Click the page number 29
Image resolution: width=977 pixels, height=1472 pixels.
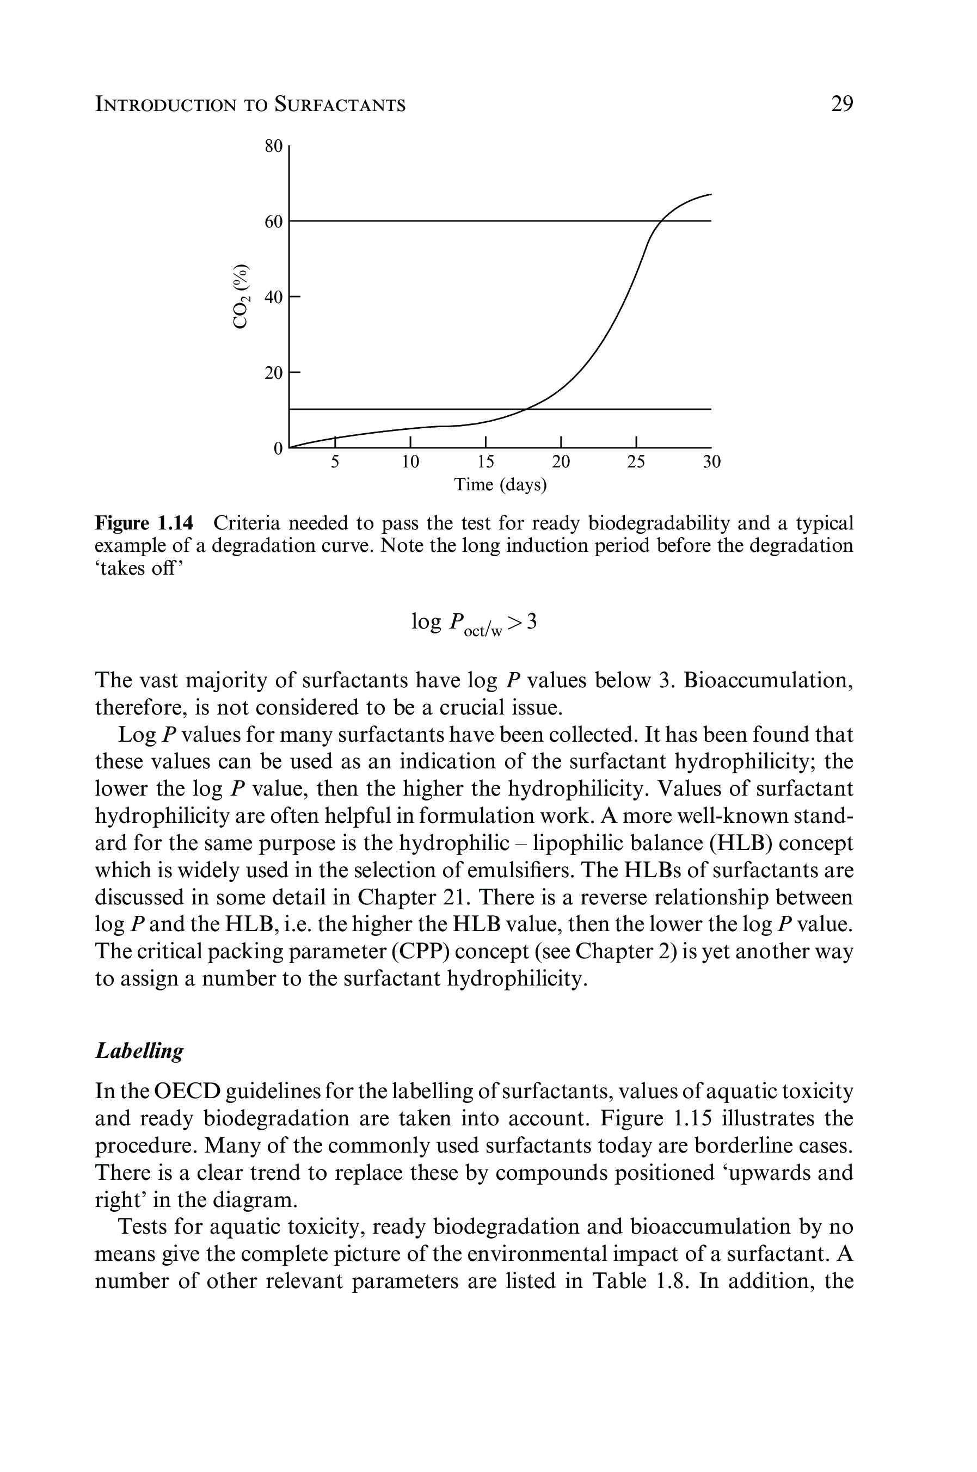coord(842,104)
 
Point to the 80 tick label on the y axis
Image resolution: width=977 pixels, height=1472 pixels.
coord(274,147)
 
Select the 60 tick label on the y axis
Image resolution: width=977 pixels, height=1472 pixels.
coord(274,222)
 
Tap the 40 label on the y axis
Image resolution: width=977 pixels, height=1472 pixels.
coord(274,297)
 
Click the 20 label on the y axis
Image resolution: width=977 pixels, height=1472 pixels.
coord(274,373)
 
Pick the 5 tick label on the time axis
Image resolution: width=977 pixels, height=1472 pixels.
coord(335,461)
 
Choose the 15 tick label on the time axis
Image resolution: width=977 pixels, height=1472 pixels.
coord(486,461)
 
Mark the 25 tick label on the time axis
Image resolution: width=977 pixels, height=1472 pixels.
coord(636,461)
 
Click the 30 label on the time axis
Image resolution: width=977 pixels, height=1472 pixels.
coord(711,461)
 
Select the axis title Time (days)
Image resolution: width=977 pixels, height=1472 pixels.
coord(500,485)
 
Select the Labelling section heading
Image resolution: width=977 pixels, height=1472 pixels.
coord(139,1051)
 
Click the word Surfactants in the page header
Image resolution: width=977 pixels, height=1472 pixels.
coord(340,104)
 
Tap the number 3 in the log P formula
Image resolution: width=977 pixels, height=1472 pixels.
coord(531,621)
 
